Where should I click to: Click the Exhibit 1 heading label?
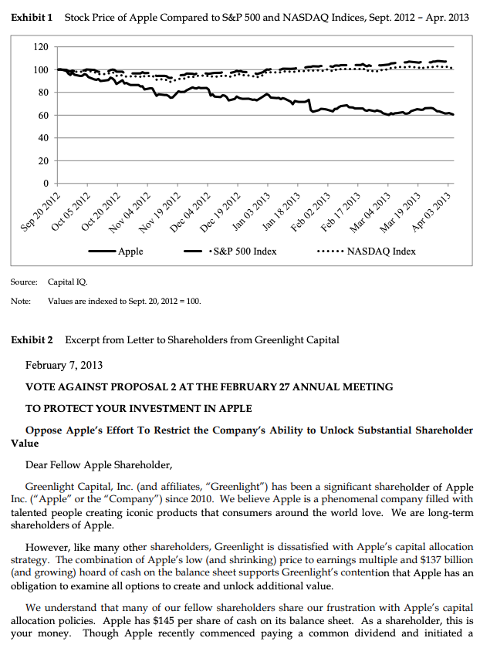coord(32,18)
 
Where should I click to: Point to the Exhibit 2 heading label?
coord(32,339)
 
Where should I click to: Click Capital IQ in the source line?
coord(66,284)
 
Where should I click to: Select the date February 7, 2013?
coord(64,365)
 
